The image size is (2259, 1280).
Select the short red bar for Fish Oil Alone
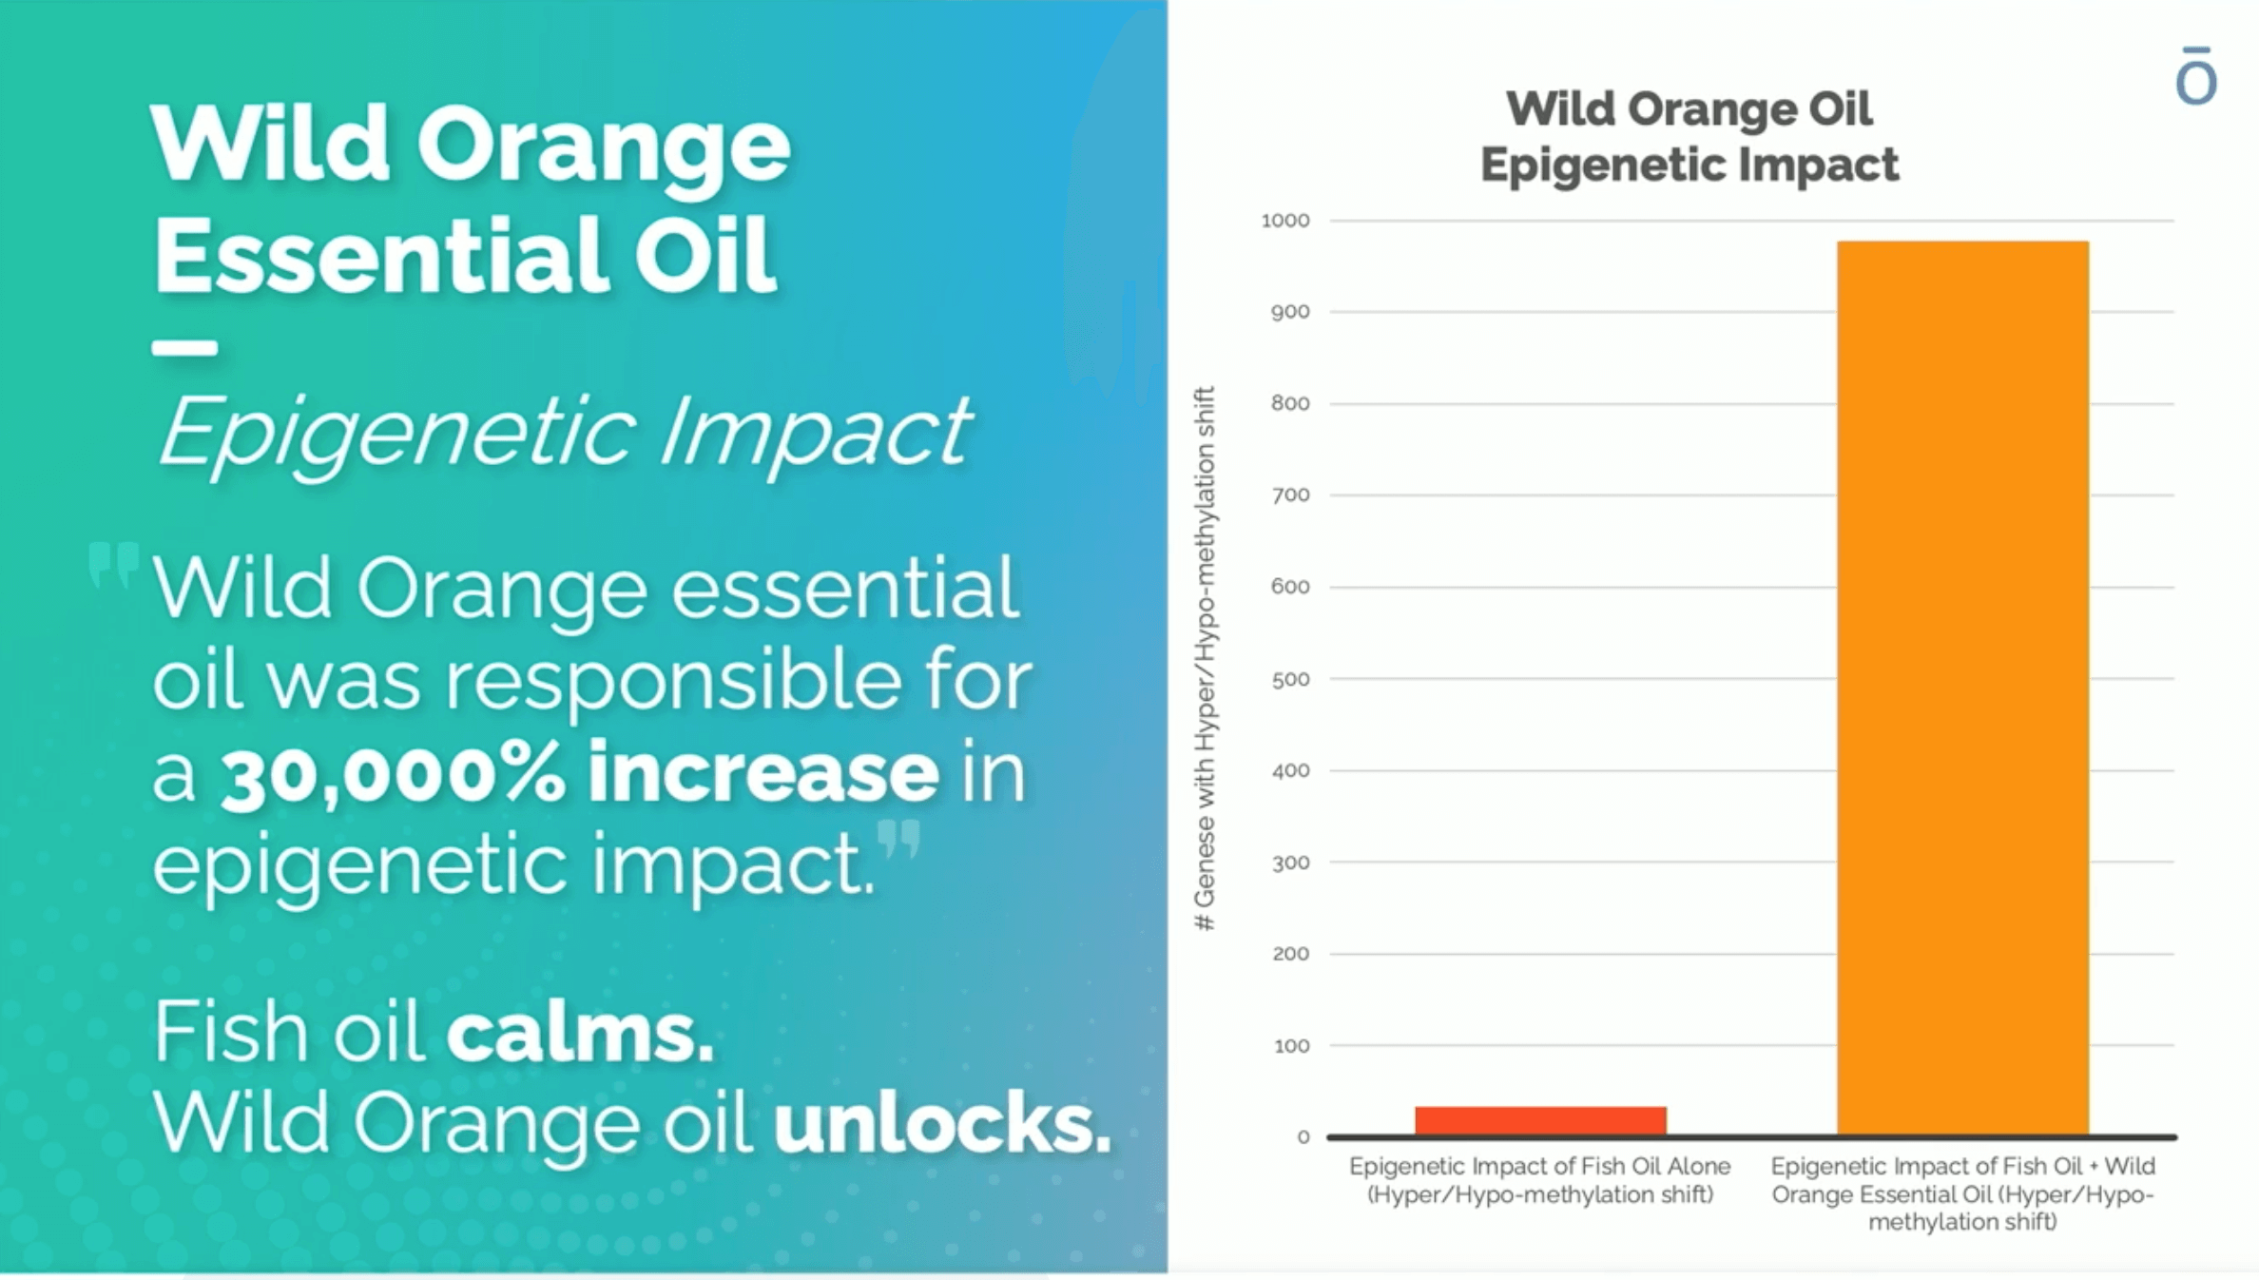(1540, 1120)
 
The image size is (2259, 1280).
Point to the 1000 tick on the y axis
(1285, 221)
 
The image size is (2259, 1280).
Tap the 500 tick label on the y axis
(1289, 679)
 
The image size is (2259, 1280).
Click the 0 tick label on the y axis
(1303, 1137)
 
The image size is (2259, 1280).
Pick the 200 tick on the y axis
(1289, 954)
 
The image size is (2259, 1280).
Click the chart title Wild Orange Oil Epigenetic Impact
(1689, 136)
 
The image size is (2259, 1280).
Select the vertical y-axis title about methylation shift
(1205, 658)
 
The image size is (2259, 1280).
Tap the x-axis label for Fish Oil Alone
(1539, 1180)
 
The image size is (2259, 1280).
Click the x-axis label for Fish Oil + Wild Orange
(1962, 1193)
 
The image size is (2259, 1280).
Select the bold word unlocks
(941, 1123)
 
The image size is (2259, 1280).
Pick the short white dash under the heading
(184, 348)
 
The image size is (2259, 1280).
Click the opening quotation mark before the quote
(113, 565)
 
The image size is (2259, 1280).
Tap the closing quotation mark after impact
(898, 840)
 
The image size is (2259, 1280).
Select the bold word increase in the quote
(763, 772)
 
